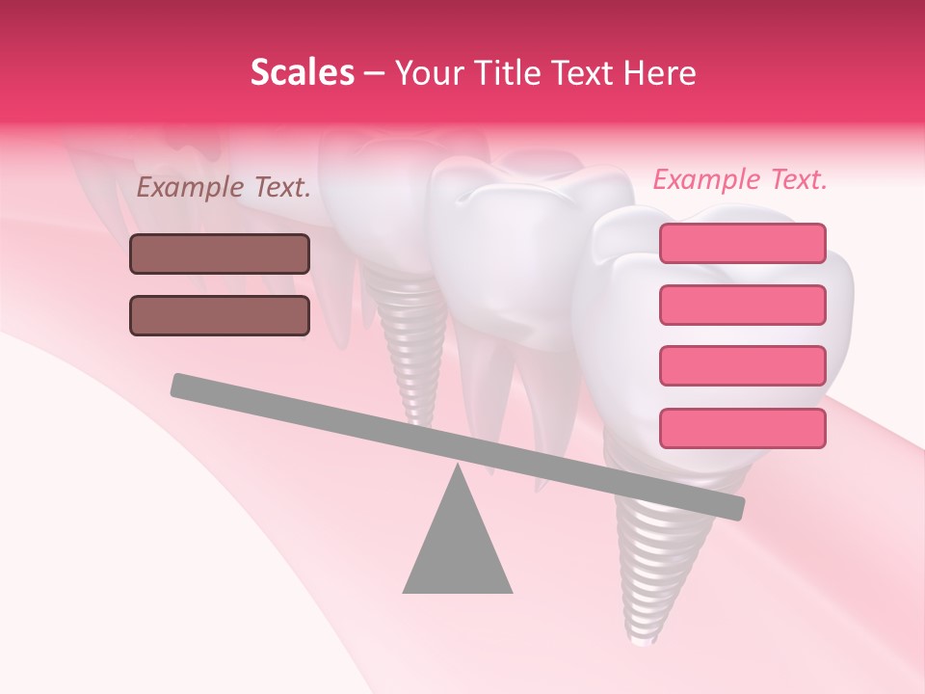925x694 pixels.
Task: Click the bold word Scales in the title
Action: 302,73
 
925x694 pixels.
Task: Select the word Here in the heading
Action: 661,73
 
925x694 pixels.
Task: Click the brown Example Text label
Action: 224,188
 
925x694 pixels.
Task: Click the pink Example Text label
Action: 740,180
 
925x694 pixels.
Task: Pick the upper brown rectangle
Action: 220,254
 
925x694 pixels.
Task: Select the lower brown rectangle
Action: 220,315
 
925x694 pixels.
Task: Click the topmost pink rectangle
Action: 742,243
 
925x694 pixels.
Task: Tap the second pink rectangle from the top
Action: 742,305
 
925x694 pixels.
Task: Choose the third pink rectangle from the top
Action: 742,366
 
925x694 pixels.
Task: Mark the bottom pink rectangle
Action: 742,428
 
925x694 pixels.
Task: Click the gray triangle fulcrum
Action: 458,549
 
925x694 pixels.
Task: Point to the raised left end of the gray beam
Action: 183,386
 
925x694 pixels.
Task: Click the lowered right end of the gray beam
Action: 732,507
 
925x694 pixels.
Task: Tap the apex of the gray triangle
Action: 458,470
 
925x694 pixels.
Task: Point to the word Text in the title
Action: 582,73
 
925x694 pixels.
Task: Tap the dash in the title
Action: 375,73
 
